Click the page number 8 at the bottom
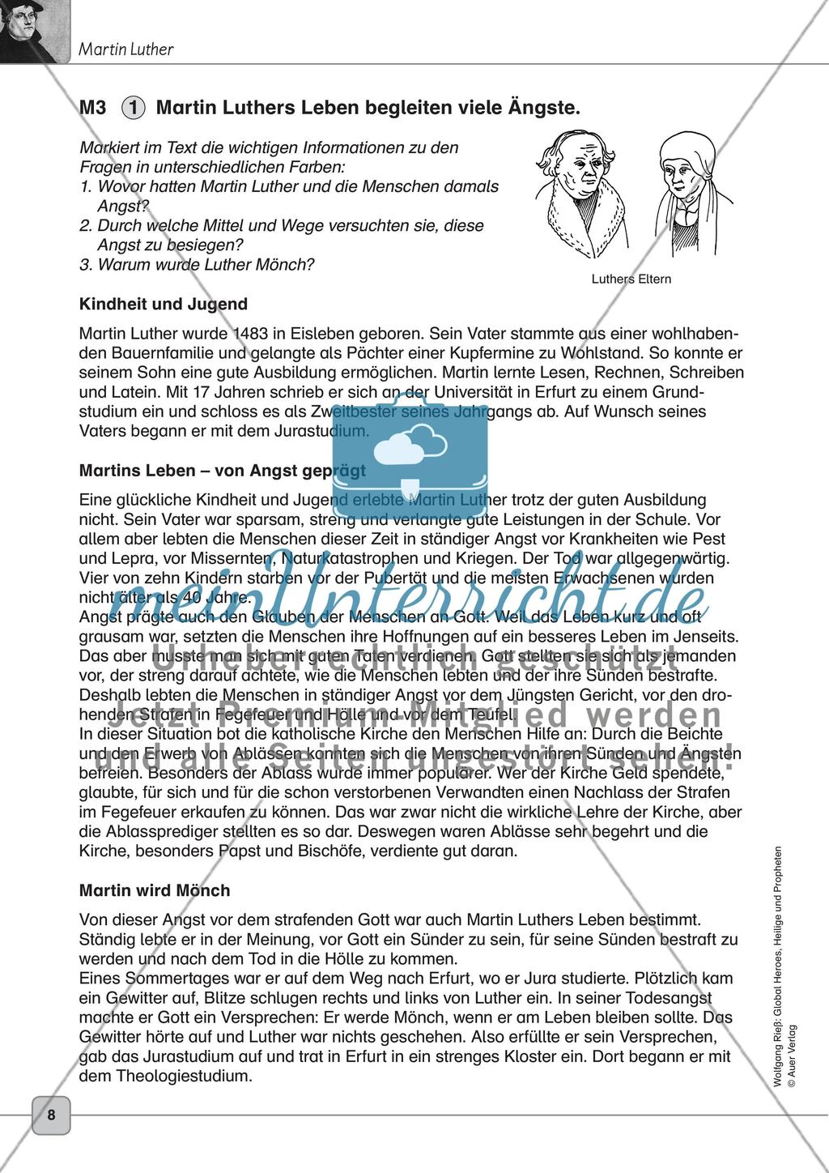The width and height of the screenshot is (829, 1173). tap(51, 1115)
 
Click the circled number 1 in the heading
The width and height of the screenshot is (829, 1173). tap(134, 107)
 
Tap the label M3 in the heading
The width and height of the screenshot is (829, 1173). tap(93, 107)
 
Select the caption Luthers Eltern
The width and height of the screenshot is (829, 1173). tap(631, 279)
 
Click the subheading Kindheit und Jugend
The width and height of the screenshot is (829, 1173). tap(164, 305)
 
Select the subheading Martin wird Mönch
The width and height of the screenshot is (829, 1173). tap(155, 890)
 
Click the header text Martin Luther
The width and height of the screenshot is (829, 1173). tap(125, 49)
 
